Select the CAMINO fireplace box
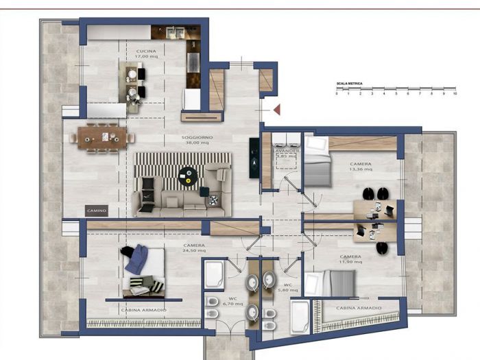click(x=96, y=211)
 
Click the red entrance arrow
click(x=277, y=109)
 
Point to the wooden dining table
click(x=102, y=137)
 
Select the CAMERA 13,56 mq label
click(x=361, y=168)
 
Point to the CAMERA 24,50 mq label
click(x=195, y=248)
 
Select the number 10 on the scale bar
click(x=454, y=94)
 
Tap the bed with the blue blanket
click(x=143, y=270)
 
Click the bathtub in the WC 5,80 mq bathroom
click(x=299, y=316)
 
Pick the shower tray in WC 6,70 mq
click(x=214, y=274)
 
